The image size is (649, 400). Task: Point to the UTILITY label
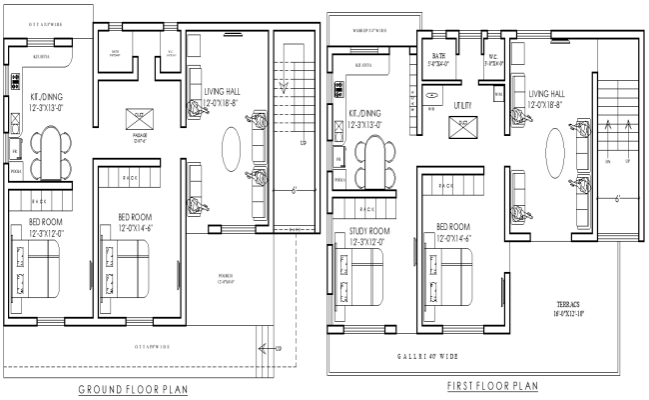click(464, 105)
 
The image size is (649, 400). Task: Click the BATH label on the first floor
click(438, 57)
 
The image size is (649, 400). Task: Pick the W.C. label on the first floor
click(493, 57)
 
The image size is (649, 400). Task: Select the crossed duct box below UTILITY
click(461, 127)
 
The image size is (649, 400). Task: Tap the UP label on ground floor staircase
click(303, 143)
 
